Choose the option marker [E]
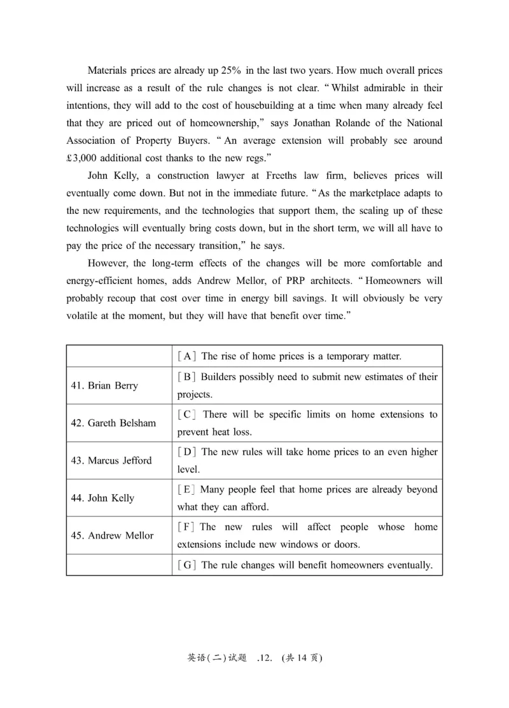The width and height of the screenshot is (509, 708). [186, 490]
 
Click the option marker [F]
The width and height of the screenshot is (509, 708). [186, 527]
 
